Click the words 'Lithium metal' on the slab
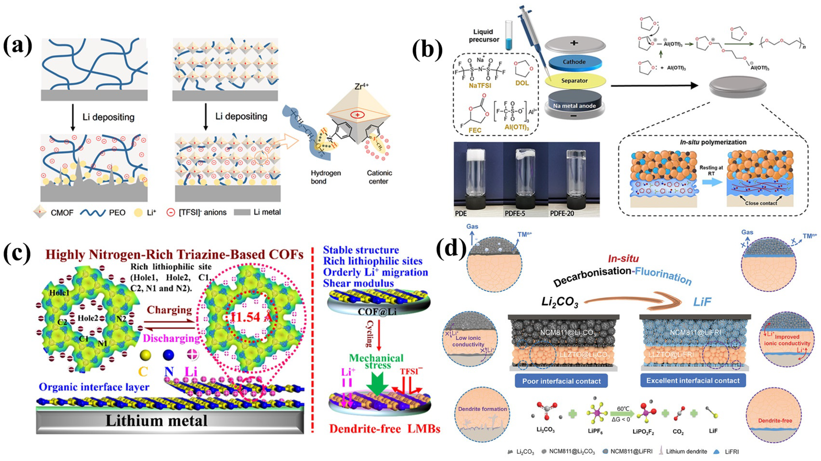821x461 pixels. (156, 421)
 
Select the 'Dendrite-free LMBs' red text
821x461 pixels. (385, 429)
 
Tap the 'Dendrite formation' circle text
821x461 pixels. (483, 409)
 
